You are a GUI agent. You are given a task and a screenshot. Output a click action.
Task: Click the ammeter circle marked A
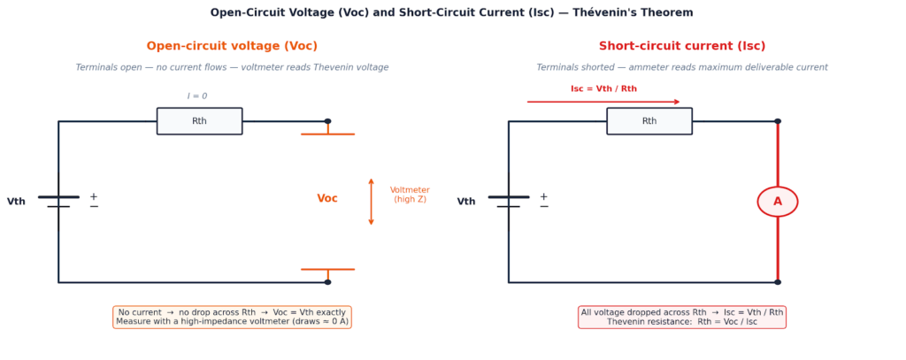[x=777, y=202]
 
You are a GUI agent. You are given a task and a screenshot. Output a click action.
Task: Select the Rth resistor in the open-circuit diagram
[x=199, y=121]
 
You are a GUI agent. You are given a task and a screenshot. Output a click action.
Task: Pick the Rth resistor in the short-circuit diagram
[x=649, y=121]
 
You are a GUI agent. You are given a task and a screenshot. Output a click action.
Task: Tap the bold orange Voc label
[x=327, y=199]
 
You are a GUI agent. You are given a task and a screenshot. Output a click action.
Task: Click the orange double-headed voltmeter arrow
[x=371, y=202]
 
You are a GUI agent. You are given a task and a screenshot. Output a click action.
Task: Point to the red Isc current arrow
[x=603, y=102]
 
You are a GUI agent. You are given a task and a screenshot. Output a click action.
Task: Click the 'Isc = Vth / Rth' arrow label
[x=603, y=88]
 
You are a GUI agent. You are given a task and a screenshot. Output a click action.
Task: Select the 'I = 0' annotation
[x=197, y=96]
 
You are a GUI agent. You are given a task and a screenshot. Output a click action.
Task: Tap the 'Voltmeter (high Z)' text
[x=410, y=195]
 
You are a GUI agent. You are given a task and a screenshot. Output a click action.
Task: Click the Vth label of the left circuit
[x=16, y=202]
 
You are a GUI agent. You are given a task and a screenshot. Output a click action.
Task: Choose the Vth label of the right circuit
[x=466, y=202]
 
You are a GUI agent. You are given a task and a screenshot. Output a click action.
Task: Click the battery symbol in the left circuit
[x=58, y=202]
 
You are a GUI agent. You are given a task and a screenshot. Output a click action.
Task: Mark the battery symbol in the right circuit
[x=508, y=202]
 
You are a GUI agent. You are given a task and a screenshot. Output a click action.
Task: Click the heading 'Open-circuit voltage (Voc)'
[x=232, y=46]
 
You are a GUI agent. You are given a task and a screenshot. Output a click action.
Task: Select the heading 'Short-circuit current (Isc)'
[x=682, y=46]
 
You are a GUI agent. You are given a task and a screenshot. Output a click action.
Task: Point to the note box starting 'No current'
[x=232, y=317]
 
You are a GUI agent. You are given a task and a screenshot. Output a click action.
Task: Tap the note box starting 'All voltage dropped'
[x=682, y=317]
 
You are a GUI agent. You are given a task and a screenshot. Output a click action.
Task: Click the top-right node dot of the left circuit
[x=327, y=121]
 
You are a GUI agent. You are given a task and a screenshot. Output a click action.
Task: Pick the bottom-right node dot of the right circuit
[x=778, y=282]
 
